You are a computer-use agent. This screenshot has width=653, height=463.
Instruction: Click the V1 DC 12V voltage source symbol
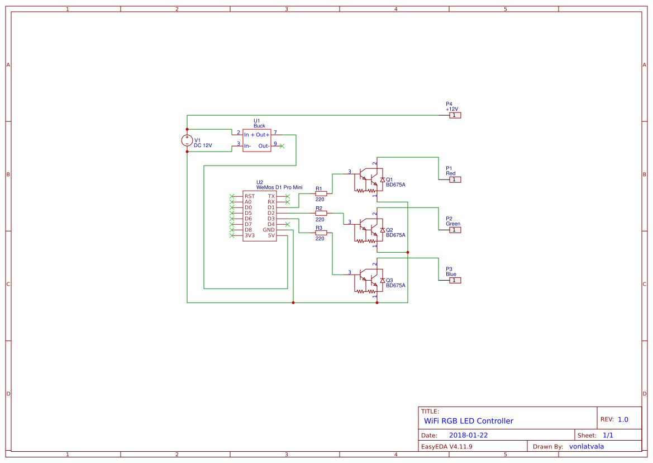(187, 140)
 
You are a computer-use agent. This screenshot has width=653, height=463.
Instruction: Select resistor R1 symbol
(321, 193)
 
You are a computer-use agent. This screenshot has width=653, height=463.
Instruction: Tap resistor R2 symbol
(321, 213)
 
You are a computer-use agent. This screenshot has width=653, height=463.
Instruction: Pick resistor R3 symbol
(321, 233)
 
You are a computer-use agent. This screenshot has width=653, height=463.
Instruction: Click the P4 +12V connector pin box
(455, 115)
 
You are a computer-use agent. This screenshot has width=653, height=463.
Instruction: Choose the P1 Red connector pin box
(455, 179)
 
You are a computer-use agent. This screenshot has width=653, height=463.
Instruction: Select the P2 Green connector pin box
(455, 230)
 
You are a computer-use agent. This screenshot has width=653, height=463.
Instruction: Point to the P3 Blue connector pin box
(455, 280)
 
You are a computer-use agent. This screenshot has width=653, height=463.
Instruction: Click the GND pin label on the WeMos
(269, 230)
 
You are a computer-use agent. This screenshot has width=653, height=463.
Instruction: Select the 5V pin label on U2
(271, 235)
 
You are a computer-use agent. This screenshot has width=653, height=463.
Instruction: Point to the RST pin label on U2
(249, 196)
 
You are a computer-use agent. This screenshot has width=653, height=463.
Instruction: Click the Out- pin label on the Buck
(264, 146)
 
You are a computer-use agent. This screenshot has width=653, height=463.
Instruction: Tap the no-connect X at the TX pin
(287, 196)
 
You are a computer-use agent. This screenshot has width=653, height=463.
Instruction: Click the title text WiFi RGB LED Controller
(468, 421)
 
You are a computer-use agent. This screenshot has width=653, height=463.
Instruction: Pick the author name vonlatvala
(586, 446)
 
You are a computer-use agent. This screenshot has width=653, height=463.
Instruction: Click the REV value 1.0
(623, 419)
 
